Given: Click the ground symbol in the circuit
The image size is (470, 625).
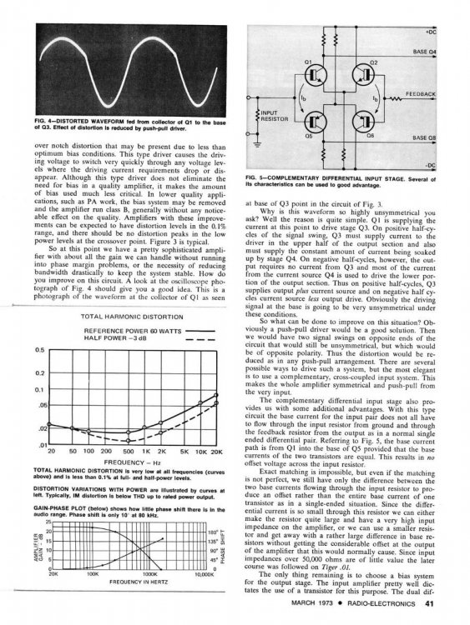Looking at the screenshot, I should (x=259, y=145).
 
